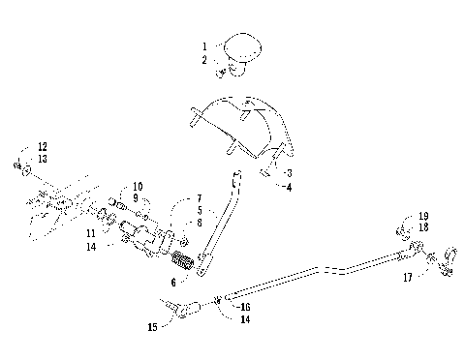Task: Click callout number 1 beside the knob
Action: [204, 45]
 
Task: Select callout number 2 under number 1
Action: [204, 59]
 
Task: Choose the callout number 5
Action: [199, 210]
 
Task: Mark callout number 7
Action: [199, 197]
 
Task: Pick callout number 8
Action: [199, 223]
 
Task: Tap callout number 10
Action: [138, 186]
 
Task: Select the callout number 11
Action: [117, 234]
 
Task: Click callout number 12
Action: [42, 146]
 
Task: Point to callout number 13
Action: [42, 159]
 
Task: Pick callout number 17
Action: [408, 277]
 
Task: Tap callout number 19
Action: [423, 216]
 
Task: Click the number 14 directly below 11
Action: [117, 248]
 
